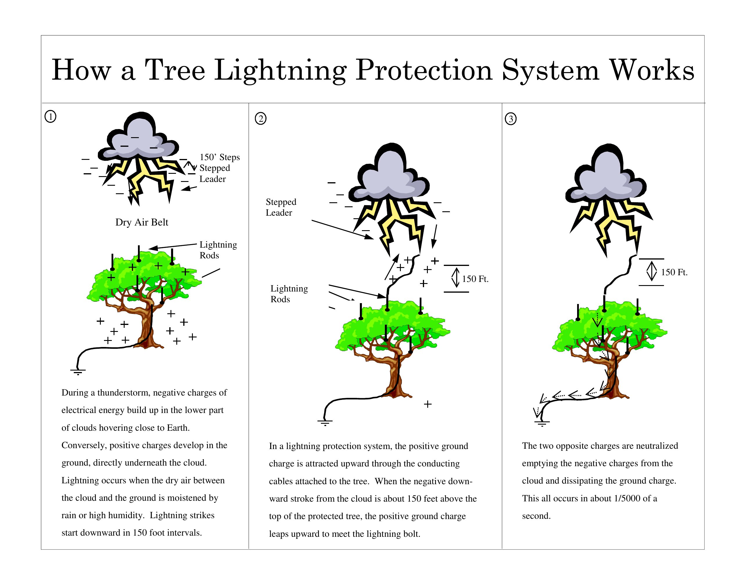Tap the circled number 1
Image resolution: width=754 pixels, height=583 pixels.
(51, 116)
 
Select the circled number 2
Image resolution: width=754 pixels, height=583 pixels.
(261, 119)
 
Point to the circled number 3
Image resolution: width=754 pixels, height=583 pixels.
(511, 119)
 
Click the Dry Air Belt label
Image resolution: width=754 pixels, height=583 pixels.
(142, 222)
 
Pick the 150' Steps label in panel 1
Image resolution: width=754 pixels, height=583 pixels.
(220, 157)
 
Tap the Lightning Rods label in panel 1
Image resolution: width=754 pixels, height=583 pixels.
(218, 250)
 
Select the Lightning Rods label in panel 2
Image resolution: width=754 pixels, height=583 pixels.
(289, 294)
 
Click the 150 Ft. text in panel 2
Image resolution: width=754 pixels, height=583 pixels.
(475, 279)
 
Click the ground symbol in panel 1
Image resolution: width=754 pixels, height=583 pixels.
(78, 372)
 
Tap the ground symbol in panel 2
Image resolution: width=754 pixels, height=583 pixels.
(325, 423)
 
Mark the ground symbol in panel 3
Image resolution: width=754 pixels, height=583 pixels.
(542, 423)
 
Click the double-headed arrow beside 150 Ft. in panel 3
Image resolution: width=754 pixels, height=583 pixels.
(651, 271)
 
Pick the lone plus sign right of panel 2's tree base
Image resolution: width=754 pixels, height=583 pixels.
(428, 404)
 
